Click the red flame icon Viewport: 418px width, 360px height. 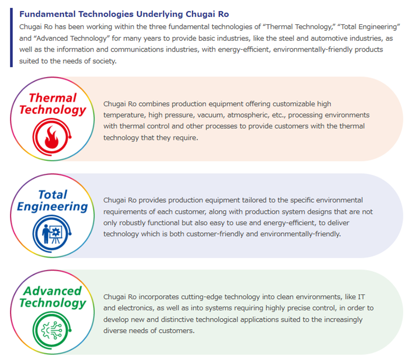pyautogui.click(x=52, y=137)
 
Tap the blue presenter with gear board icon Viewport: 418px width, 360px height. pyautogui.click(x=52, y=233)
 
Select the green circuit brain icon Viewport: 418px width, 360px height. pyautogui.click(x=52, y=330)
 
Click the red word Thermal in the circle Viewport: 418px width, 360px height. pyautogui.click(x=53, y=98)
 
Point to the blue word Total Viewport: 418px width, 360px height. pyautogui.click(x=53, y=194)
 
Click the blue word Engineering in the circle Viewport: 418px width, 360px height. pyautogui.click(x=53, y=207)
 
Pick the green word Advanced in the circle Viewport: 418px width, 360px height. pyautogui.click(x=53, y=291)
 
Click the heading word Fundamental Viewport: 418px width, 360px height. pyautogui.click(x=47, y=14)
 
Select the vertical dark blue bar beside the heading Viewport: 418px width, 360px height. pyautogui.click(x=11, y=38)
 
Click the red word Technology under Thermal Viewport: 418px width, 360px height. pyautogui.click(x=53, y=110)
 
